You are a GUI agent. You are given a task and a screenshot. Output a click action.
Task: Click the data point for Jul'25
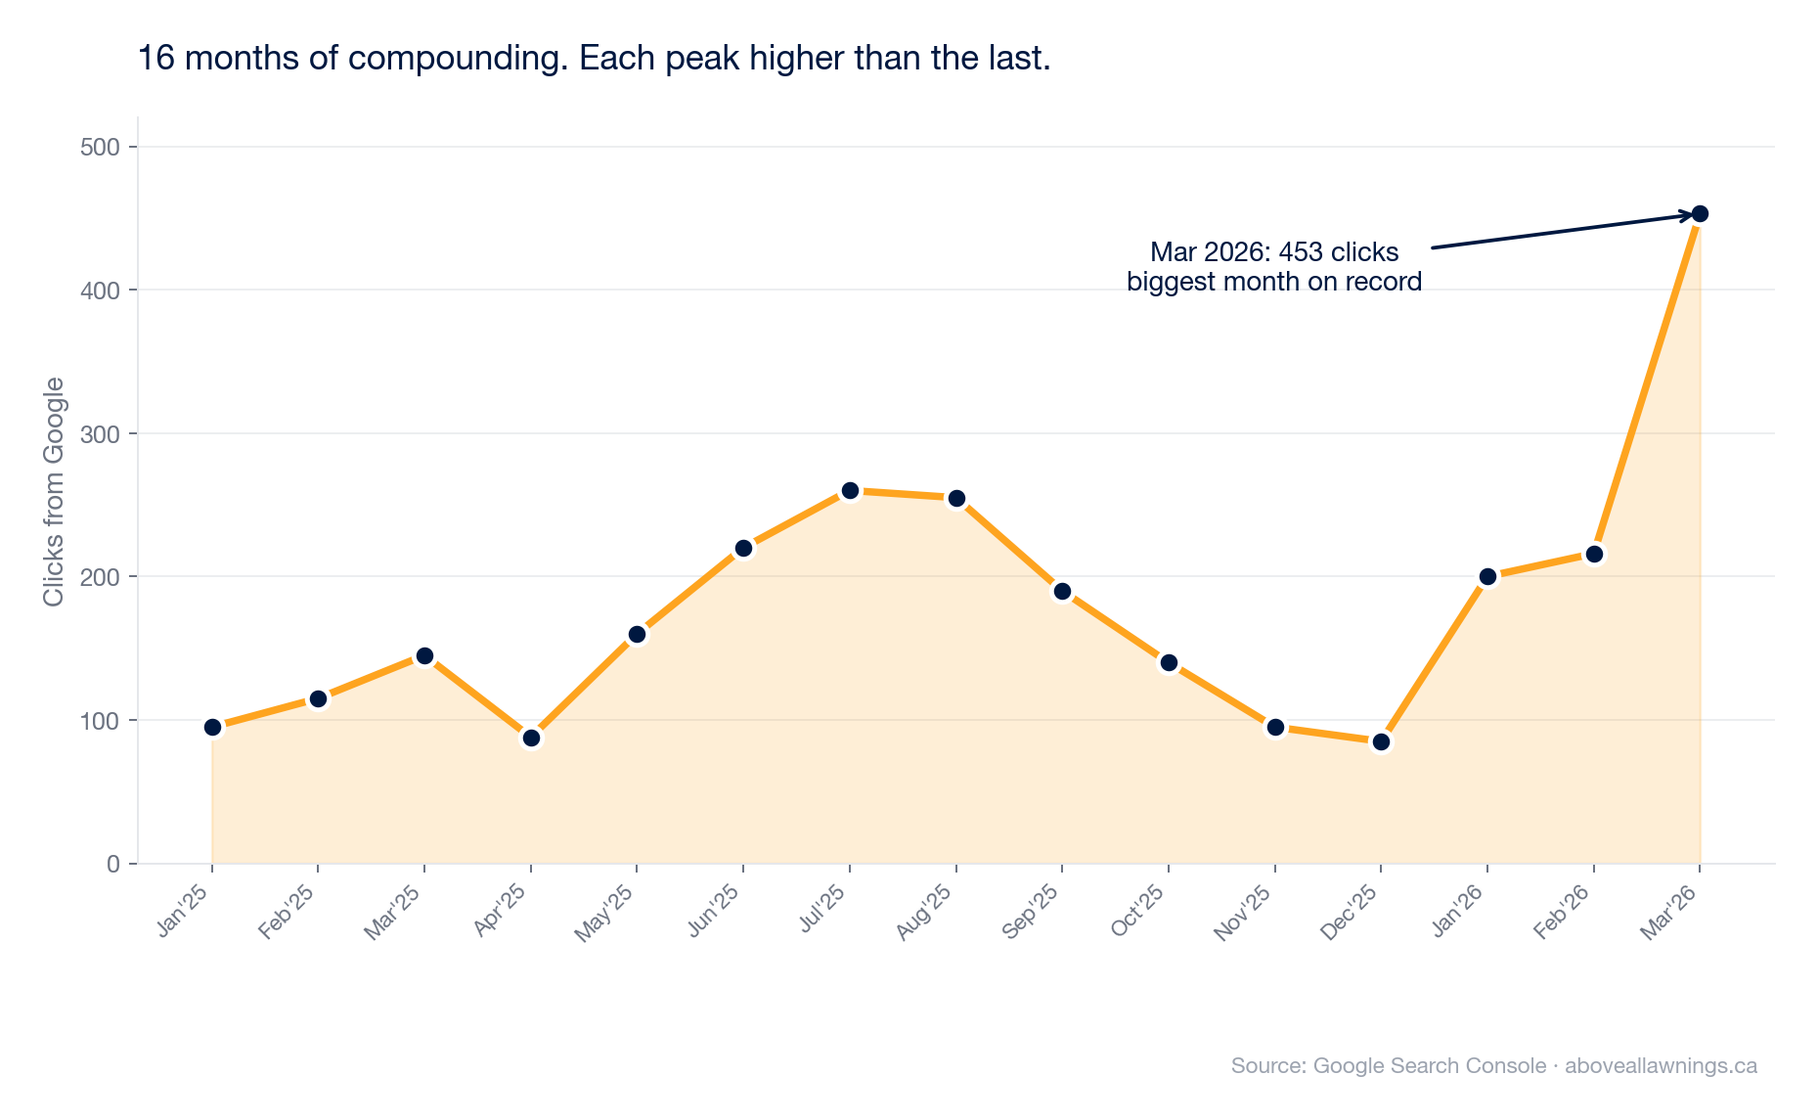coord(850,490)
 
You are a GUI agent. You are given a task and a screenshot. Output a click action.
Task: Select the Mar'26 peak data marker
coord(1700,214)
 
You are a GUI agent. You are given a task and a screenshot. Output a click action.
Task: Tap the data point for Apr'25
coord(531,738)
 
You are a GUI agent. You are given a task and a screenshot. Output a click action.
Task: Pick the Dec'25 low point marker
coord(1381,742)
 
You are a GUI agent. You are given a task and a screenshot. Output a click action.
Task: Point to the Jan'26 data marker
coord(1487,577)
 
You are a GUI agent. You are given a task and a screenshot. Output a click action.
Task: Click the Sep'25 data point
coord(1062,592)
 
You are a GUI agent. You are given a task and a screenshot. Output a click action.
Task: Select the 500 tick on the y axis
coord(99,148)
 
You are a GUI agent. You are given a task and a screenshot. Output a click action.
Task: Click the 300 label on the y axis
coord(99,434)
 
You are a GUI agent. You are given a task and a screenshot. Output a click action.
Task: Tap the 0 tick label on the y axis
coord(113,865)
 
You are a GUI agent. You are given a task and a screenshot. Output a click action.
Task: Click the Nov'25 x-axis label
coord(1244,914)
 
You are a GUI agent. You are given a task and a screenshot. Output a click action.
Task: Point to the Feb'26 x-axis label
coord(1563,914)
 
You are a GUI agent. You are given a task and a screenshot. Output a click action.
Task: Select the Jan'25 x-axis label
coord(185,912)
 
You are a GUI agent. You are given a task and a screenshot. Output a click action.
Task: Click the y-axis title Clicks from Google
coord(54,491)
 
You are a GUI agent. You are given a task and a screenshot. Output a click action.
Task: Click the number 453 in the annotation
coord(1300,252)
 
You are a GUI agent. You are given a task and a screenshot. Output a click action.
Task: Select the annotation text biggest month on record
coord(1273,283)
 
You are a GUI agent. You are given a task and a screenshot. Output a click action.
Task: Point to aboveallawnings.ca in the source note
coord(1661,1066)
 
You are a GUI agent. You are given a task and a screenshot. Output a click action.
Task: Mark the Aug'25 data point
coord(956,499)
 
